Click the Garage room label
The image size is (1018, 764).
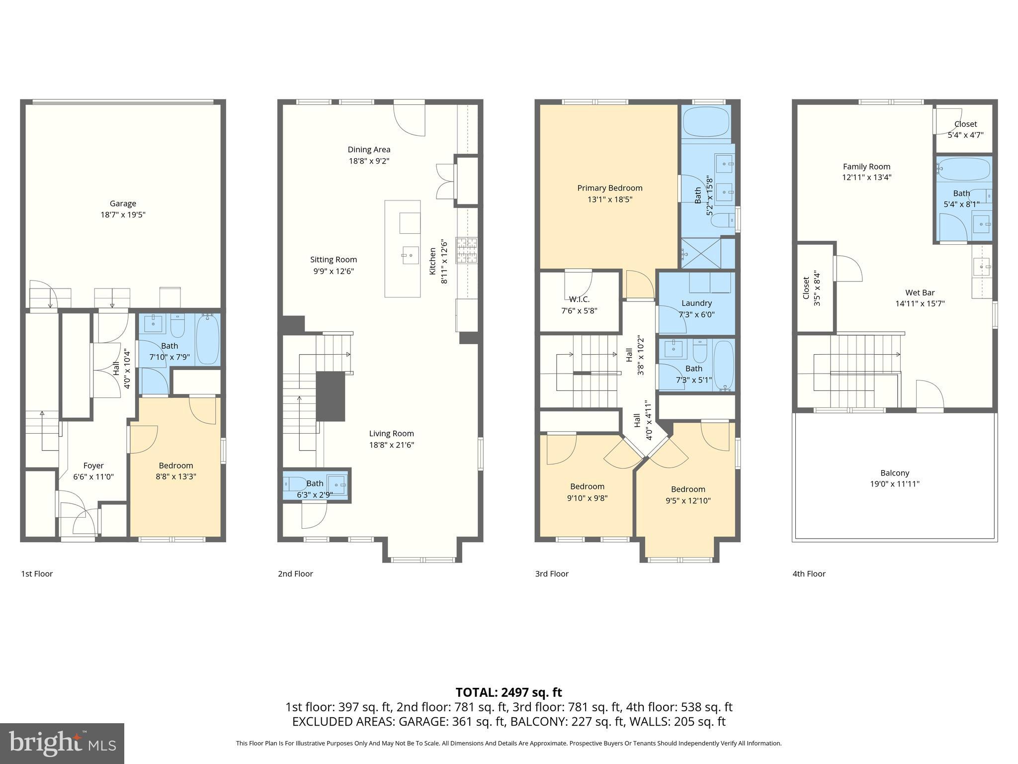tap(123, 203)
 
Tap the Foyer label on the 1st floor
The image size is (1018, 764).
tap(93, 466)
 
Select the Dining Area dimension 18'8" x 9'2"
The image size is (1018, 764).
tap(368, 161)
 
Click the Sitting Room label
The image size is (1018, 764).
tap(334, 260)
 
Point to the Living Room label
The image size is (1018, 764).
tap(391, 434)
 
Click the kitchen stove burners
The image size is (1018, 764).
tap(467, 250)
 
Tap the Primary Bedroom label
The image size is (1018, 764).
tap(609, 188)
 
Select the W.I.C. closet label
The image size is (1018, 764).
tap(579, 299)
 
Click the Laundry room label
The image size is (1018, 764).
tap(696, 303)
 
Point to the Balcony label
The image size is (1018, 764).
tap(894, 473)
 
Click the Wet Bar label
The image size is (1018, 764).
tap(920, 293)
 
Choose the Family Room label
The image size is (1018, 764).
tap(866, 167)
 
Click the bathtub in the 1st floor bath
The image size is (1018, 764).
tap(208, 340)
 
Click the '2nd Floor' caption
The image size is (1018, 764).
tap(295, 573)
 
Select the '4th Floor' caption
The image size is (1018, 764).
tap(809, 573)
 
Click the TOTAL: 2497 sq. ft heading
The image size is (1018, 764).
tap(509, 692)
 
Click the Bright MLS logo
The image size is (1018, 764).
tap(62, 743)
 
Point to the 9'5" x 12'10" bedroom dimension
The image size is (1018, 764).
tap(688, 501)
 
